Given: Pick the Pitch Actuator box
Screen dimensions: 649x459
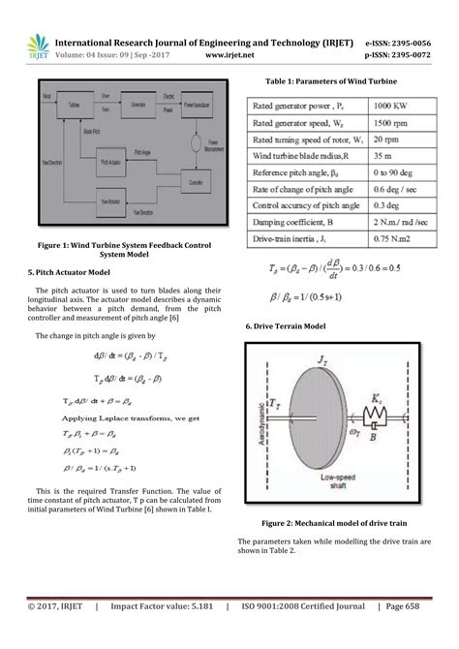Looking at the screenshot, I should pyautogui.click(x=117, y=166).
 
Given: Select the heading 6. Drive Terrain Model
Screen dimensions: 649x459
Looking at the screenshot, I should pyautogui.click(x=289, y=327).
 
